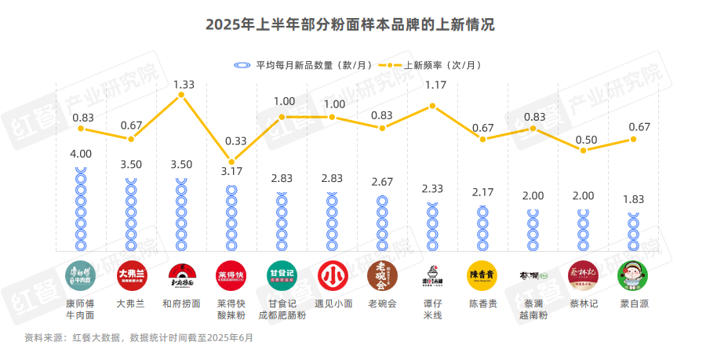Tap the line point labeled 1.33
(181, 95)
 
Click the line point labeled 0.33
(231, 162)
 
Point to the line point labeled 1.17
(432, 106)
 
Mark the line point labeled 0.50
(583, 149)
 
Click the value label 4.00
(81, 154)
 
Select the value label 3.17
(231, 171)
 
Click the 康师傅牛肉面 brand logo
(81, 275)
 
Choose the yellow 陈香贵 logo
(482, 275)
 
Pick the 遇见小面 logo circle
(332, 275)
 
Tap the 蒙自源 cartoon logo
(633, 275)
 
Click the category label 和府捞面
(181, 304)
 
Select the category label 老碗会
(382, 304)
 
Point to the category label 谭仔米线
(432, 309)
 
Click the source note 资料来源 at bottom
(139, 338)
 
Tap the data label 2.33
(432, 189)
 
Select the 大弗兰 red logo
(131, 275)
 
